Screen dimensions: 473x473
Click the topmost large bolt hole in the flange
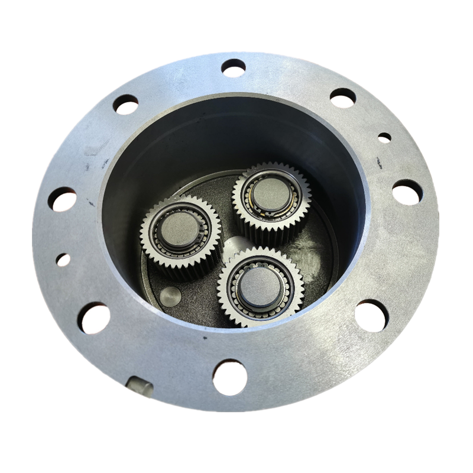[x=234, y=67]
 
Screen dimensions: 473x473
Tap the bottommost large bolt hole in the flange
[x=229, y=377]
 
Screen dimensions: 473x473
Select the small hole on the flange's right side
[x=384, y=137]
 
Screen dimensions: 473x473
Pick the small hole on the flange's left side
[x=63, y=260]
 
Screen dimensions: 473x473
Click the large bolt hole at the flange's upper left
[x=125, y=105]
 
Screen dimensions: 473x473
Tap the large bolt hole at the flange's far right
[x=407, y=192]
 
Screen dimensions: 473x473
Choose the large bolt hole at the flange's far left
[x=62, y=199]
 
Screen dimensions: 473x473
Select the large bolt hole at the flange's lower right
[x=372, y=315]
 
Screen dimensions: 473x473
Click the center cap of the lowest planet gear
[x=260, y=285]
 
